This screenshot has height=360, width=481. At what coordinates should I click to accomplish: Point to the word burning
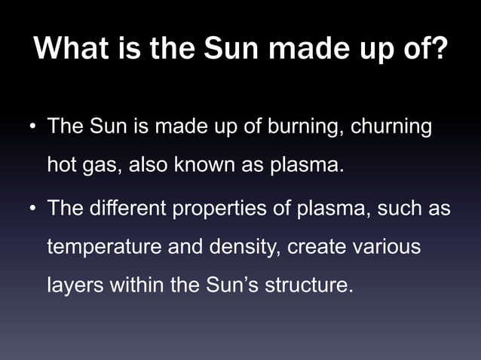tap(303, 127)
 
